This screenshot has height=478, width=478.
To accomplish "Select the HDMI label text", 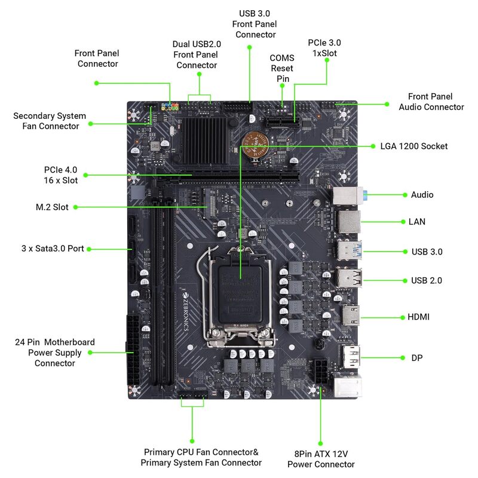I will [419, 317].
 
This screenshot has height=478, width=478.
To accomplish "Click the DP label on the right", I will [417, 358].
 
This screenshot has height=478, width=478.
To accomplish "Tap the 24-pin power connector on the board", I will [132, 343].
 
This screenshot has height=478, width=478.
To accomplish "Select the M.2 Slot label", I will [52, 207].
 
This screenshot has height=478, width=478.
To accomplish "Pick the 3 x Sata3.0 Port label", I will [53, 248].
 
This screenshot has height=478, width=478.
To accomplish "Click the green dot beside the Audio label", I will [402, 195].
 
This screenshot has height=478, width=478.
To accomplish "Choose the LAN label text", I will [417, 222].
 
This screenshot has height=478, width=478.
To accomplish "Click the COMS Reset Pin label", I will [282, 68].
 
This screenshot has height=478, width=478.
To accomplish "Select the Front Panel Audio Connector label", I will [431, 102].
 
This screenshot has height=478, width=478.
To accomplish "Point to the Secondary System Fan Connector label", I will [50, 121].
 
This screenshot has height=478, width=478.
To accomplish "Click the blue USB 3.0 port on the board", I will [350, 250].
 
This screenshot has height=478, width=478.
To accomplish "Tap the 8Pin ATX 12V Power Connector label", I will [321, 459].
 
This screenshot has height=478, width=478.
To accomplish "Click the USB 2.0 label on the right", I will [427, 280].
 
